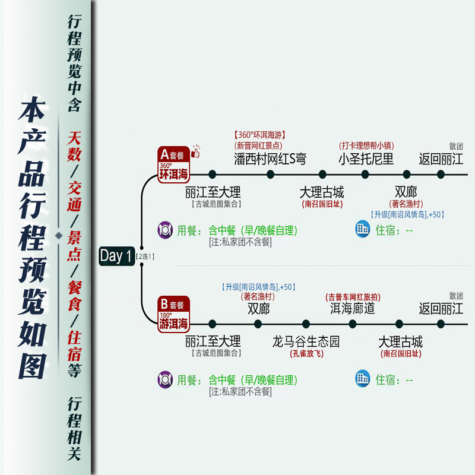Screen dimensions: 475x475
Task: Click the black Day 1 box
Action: pos(116,256)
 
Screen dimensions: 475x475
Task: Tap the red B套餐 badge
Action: pos(173,313)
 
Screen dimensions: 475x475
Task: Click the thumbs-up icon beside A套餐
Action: pos(195,153)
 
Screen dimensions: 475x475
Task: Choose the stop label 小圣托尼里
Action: pos(366,159)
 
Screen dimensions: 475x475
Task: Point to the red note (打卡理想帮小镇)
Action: pos(366,145)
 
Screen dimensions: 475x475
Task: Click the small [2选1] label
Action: pos(145,256)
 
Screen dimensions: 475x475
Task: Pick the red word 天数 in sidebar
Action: pos(74,144)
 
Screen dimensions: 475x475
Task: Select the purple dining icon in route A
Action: pos(165,229)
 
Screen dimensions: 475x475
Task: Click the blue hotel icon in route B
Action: pos(362,379)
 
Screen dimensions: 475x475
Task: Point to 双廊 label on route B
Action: pos(259,309)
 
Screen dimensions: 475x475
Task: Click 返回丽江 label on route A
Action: pos(441,159)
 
